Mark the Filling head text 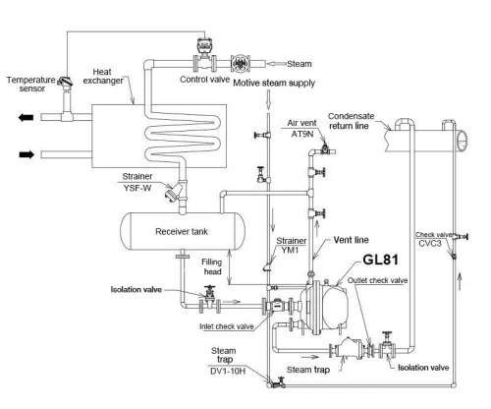217,269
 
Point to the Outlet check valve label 387,280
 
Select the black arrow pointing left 22,118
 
